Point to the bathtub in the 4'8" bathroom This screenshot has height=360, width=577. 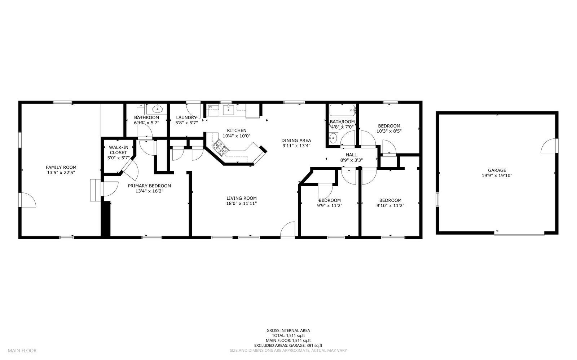342,110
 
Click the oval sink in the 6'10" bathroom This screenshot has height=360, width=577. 158,108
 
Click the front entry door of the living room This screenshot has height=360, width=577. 288,230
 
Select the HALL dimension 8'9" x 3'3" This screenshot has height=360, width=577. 351,160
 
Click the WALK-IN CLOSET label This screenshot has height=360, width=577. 119,150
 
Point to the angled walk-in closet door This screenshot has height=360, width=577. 129,169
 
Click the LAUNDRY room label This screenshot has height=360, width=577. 186,117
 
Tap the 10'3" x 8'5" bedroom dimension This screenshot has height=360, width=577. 389,131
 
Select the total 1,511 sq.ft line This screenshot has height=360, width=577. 288,335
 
